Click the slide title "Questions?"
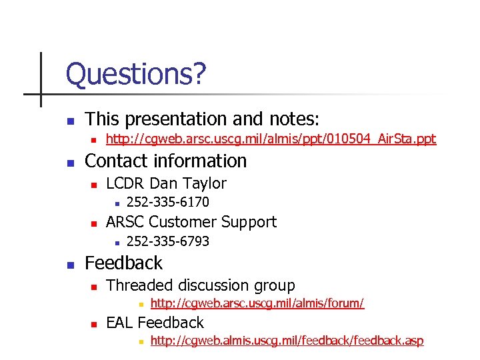[x=136, y=75]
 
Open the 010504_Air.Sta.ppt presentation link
[x=271, y=139]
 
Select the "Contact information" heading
[x=166, y=161]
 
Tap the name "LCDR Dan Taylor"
[x=166, y=183]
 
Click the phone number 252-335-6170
[x=167, y=202]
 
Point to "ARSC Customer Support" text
[x=191, y=222]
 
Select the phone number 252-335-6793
[x=167, y=241]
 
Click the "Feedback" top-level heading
[x=123, y=263]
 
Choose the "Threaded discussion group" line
[x=200, y=285]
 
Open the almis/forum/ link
[x=257, y=304]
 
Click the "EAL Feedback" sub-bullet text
[x=155, y=323]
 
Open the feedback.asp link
[x=287, y=341]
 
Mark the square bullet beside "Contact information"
[x=70, y=163]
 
